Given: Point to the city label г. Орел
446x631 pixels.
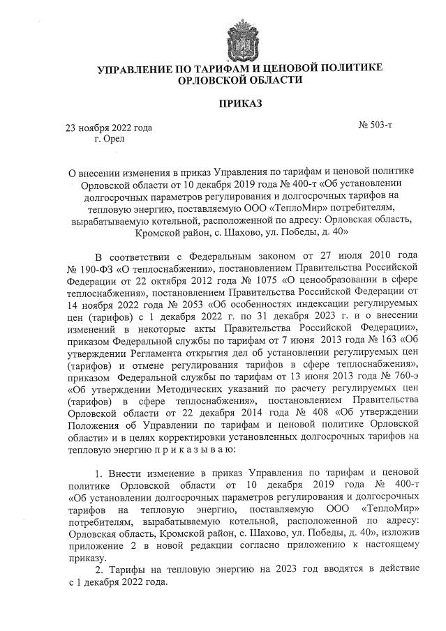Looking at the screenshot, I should (x=108, y=139).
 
